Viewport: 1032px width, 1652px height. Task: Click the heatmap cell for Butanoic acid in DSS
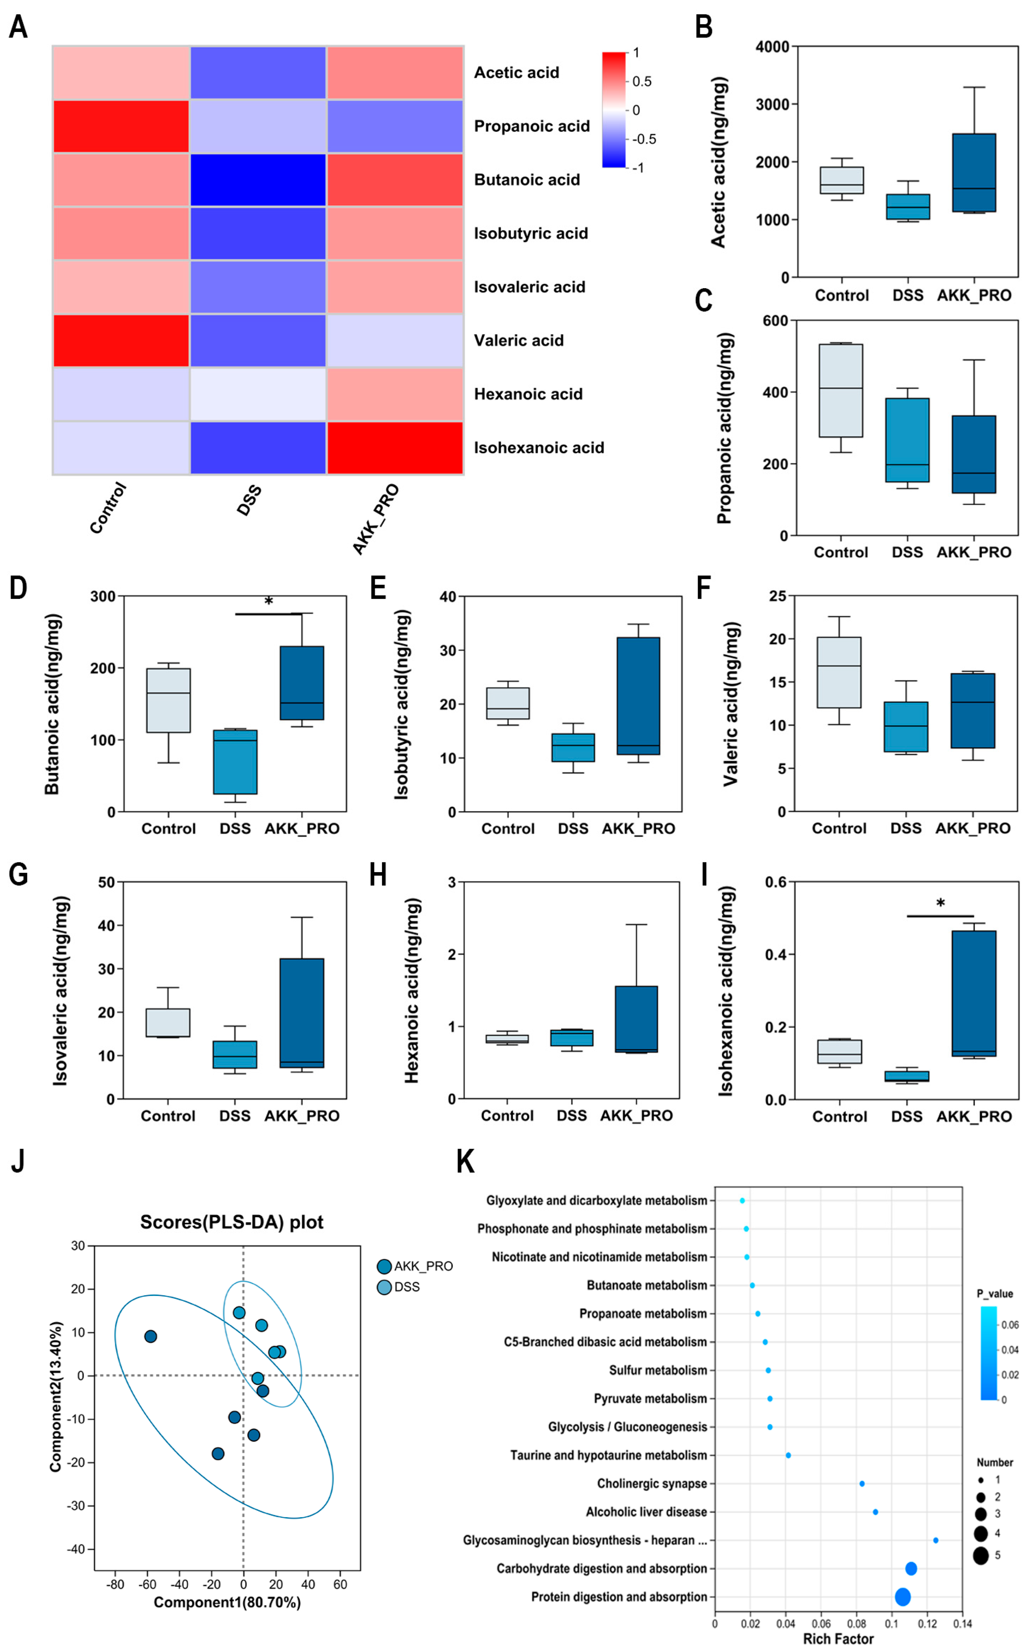[258, 180]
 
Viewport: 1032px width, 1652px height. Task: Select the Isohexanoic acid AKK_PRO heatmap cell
[395, 448]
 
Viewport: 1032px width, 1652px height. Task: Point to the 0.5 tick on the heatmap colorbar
[641, 81]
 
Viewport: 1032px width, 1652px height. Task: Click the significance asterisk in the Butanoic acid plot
[269, 601]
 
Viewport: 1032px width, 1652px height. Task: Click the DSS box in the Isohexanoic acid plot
[907, 1076]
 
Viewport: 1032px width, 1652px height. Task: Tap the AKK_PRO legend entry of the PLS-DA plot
[415, 1266]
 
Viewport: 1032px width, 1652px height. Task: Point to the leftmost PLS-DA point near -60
[151, 1336]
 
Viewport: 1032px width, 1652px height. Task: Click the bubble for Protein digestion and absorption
[902, 1597]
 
